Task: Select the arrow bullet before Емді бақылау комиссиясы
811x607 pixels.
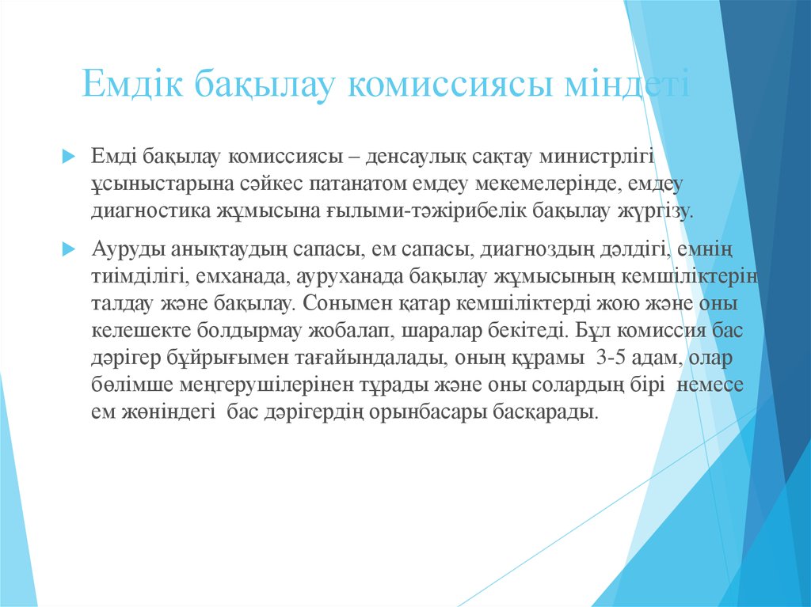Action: click(x=68, y=154)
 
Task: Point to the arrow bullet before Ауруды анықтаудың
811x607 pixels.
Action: click(x=68, y=248)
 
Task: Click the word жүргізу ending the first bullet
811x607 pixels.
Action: click(x=656, y=211)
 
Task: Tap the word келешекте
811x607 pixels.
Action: click(x=138, y=331)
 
